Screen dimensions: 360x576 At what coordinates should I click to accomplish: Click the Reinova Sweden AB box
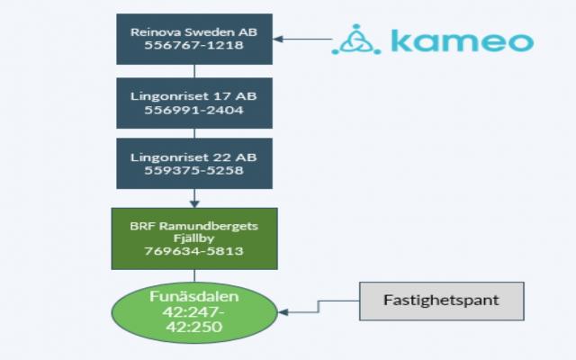tap(193, 39)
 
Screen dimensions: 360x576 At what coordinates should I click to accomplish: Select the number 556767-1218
tap(193, 46)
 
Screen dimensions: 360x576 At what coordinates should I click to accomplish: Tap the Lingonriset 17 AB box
tap(193, 103)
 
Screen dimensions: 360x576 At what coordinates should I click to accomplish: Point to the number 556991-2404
tap(193, 110)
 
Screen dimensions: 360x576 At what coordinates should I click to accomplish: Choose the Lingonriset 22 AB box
tap(193, 163)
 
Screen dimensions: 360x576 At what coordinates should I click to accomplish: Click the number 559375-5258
tap(193, 170)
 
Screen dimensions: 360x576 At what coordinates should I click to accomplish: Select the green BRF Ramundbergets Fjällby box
tap(193, 238)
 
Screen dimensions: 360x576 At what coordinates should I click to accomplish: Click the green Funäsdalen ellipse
tap(193, 313)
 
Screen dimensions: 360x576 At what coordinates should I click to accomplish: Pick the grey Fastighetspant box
tap(441, 301)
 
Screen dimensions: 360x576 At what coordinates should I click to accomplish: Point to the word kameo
tap(461, 40)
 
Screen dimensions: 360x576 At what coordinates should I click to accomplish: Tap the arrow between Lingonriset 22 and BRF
tap(193, 198)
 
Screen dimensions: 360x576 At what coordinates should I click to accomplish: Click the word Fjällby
tap(193, 238)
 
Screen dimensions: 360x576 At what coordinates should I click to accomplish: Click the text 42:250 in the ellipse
tap(193, 328)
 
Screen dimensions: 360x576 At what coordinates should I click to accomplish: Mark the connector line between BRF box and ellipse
tap(193, 276)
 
